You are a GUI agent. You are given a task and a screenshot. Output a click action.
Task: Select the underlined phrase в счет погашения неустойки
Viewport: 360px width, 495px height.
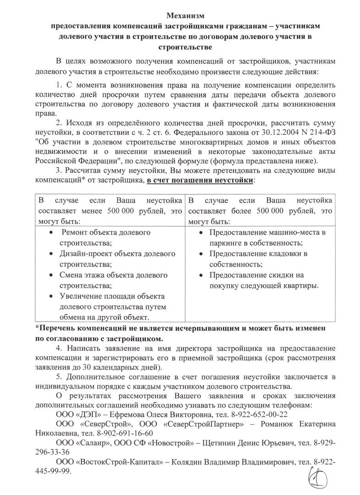[x=199, y=181]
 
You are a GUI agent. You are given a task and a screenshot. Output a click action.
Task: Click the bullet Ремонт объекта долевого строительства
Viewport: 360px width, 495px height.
[x=107, y=237]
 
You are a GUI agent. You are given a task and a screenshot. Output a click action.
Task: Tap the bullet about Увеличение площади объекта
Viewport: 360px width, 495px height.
[x=109, y=307]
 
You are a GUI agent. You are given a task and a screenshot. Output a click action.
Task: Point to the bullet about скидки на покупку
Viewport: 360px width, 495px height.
[x=260, y=280]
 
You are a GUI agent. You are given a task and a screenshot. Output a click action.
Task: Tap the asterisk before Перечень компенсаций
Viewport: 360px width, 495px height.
[x=37, y=329]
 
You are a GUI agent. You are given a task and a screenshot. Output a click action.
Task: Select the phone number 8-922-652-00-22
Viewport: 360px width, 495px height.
[x=259, y=414]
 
